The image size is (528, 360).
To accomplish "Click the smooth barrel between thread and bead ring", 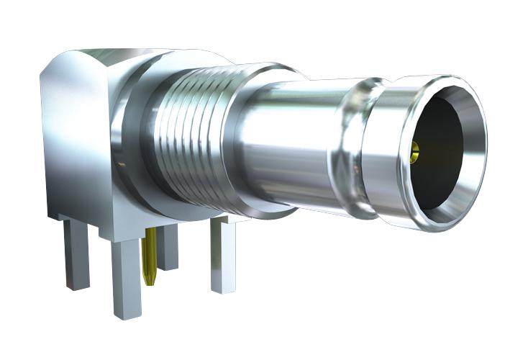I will [288, 144].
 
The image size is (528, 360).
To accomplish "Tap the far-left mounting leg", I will [76, 252].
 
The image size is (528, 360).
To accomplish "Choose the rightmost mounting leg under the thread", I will [222, 256].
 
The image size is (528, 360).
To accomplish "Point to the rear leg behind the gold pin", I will [168, 248].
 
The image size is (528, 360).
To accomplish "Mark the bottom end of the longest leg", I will [125, 314].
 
